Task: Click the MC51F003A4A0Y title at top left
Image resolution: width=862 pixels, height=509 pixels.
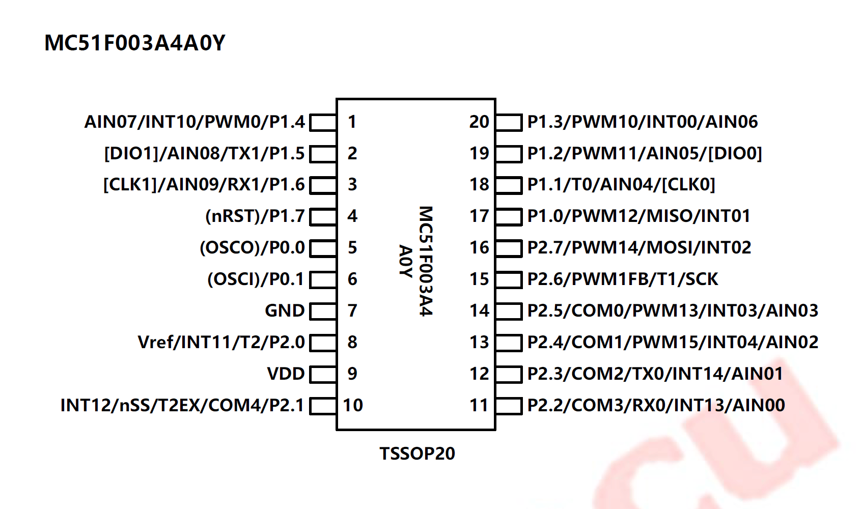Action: [135, 43]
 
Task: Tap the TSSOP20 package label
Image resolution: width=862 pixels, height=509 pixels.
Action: [417, 454]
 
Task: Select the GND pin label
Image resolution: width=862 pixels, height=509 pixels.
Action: [285, 310]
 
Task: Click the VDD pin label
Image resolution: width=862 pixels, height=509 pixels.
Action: [286, 374]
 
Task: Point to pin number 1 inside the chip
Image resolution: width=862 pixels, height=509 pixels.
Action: [352, 122]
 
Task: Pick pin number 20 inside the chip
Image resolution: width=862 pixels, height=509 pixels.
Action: [479, 122]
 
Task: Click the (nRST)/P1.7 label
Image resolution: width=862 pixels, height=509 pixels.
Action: [255, 216]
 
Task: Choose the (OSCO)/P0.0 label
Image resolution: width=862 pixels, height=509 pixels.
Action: [253, 248]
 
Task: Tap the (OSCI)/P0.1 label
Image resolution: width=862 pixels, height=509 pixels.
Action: [256, 279]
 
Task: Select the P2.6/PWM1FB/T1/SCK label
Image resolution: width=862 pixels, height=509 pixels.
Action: [623, 279]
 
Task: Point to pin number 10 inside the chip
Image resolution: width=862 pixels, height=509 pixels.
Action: [353, 405]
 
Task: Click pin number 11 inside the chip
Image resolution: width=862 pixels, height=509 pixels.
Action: [479, 405]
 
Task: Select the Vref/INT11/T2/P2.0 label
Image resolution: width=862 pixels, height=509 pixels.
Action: [221, 343]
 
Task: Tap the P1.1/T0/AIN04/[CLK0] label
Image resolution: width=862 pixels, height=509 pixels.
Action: [621, 185]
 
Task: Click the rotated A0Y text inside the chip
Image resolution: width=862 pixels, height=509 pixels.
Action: [406, 261]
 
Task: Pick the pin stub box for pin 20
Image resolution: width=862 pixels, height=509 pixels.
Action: [509, 123]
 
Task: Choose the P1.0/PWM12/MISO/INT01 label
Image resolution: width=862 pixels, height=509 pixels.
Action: [639, 216]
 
